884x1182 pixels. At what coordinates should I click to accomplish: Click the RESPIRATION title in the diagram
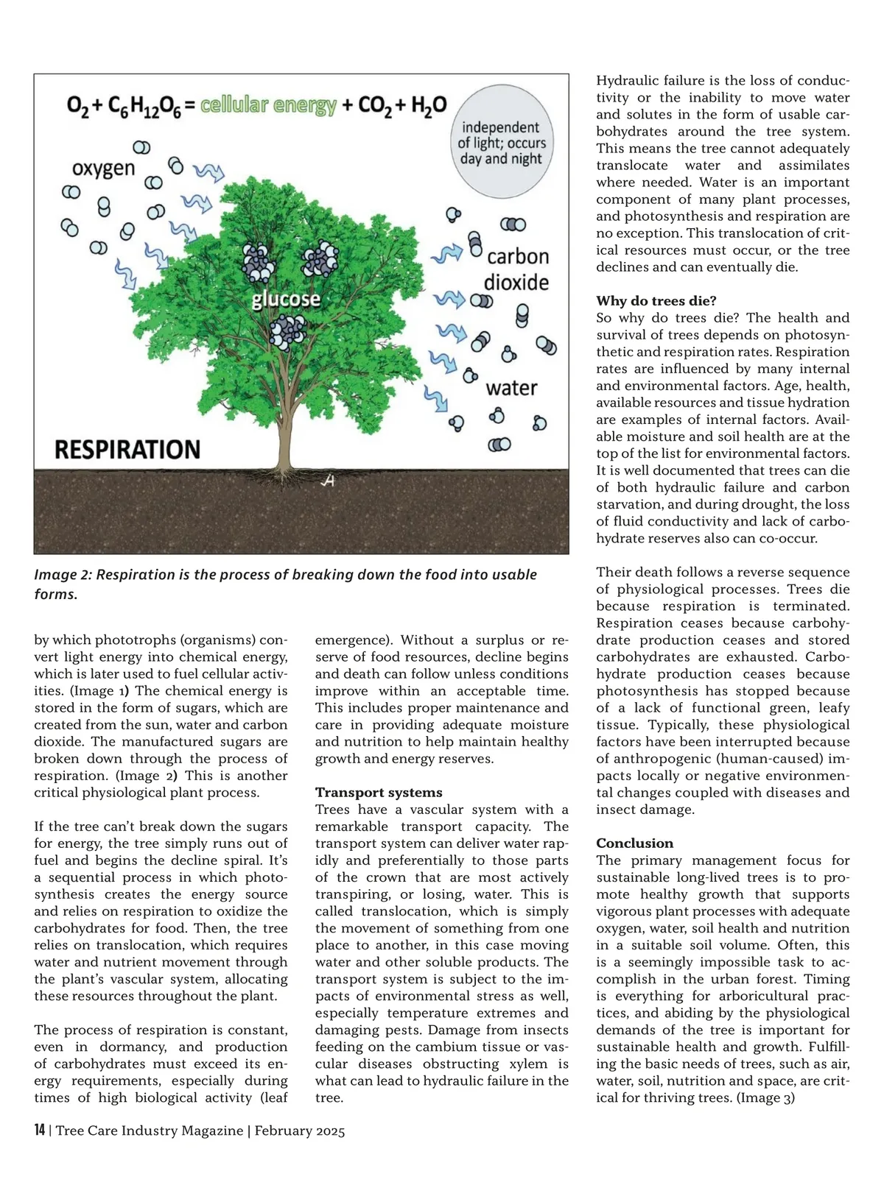(x=127, y=449)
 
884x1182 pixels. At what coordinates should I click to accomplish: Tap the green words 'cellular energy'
(x=268, y=105)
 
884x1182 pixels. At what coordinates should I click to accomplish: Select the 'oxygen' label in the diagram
(x=104, y=169)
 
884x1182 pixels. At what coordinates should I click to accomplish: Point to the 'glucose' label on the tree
(x=286, y=298)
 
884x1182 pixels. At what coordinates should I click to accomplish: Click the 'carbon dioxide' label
(x=517, y=269)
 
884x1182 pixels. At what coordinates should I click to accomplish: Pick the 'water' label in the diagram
(x=511, y=388)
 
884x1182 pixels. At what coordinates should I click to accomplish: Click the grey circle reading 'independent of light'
(x=502, y=143)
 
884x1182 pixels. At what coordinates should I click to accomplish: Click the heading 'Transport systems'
(x=379, y=793)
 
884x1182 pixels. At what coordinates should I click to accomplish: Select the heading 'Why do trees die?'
(x=656, y=301)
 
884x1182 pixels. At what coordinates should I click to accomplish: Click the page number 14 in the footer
(x=40, y=1130)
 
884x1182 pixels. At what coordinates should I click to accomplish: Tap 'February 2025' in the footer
(x=300, y=1131)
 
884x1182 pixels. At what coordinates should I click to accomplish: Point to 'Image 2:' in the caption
(x=63, y=575)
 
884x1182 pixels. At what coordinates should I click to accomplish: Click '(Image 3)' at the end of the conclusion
(x=765, y=1098)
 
